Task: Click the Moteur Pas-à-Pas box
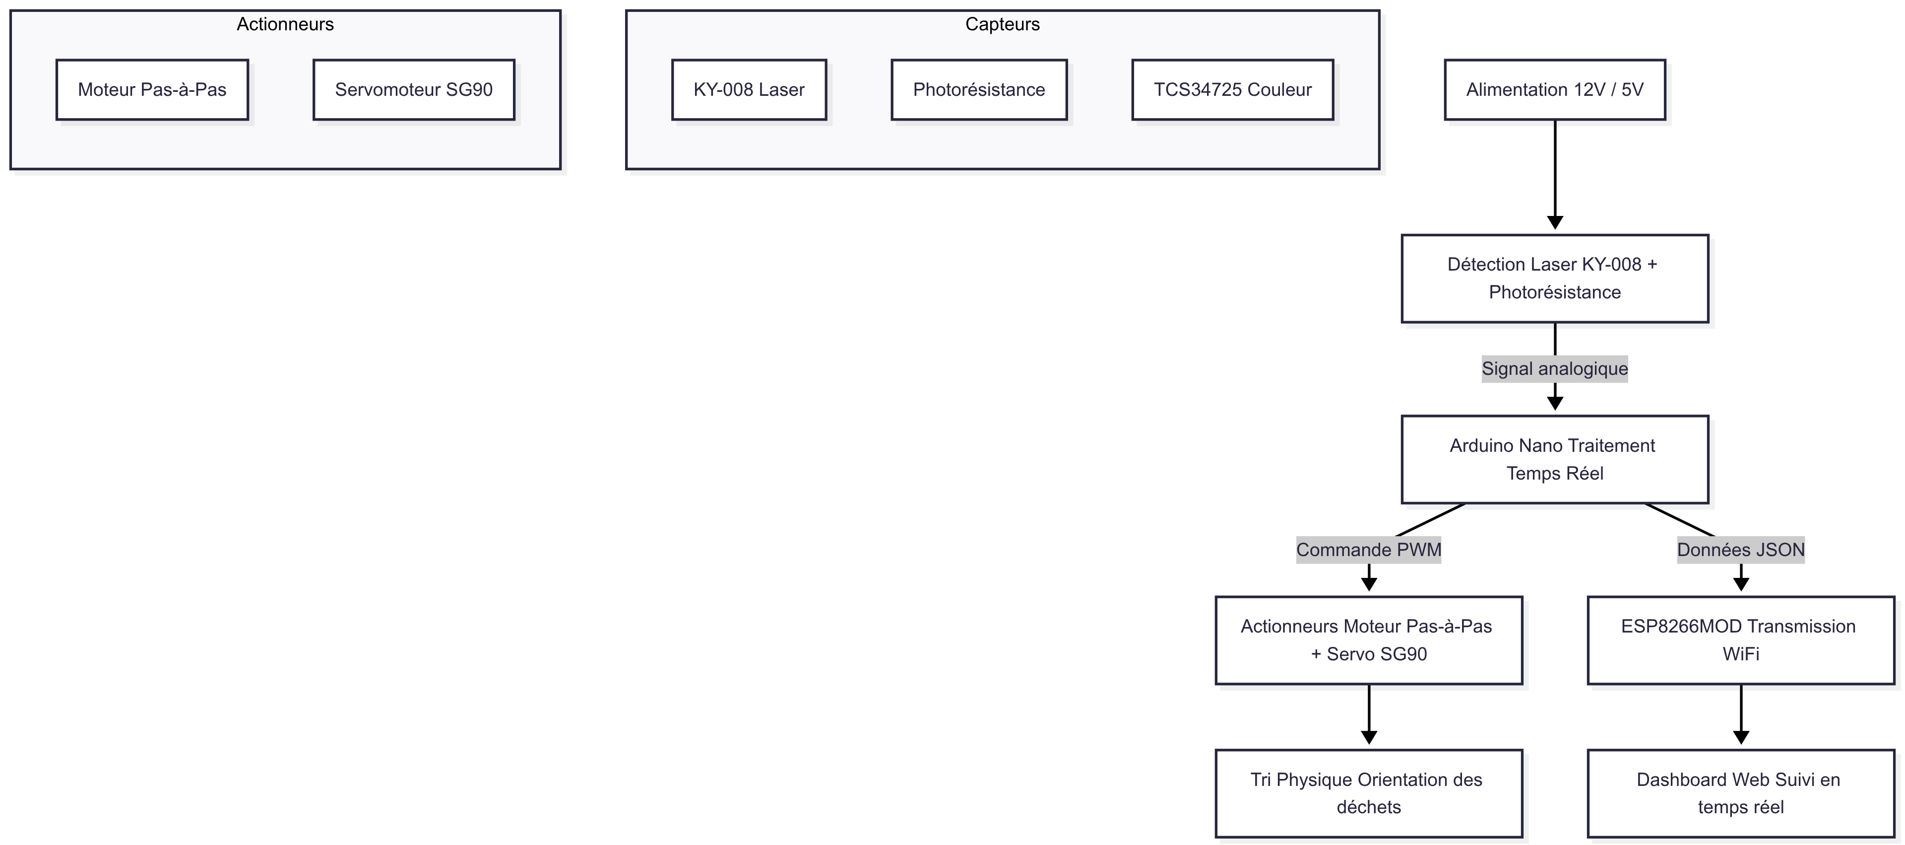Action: (x=152, y=89)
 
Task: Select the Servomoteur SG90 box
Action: (x=413, y=89)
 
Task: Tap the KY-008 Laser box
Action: (x=749, y=89)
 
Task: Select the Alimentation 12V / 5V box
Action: (x=1554, y=89)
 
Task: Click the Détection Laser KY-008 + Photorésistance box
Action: (x=1554, y=278)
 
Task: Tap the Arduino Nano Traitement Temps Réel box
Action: (x=1554, y=459)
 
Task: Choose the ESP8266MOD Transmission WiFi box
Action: (x=1740, y=640)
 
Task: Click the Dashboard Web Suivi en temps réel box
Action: (x=1740, y=793)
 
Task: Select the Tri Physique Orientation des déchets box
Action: (x=1368, y=793)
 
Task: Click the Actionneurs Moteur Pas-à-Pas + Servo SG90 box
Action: (x=1368, y=640)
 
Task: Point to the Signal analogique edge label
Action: (x=1554, y=368)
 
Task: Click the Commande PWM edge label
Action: (x=1368, y=550)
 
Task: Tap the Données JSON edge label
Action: (x=1740, y=550)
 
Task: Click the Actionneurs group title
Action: (x=285, y=24)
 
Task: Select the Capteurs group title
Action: (x=1002, y=24)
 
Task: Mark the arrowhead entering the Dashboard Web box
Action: (x=1740, y=738)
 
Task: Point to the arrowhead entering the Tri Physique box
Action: (x=1368, y=738)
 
